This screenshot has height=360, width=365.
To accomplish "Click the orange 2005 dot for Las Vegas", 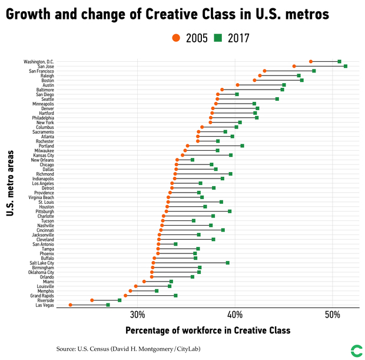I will tap(71, 305).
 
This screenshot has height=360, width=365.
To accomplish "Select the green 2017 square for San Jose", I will tap(346, 66).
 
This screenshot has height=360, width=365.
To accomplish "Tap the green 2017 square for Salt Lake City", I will tap(228, 262).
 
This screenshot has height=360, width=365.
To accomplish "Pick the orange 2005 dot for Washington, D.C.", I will tap(311, 61).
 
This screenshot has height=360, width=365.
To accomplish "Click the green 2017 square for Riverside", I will tap(120, 300).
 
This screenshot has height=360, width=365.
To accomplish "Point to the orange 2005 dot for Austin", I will tap(238, 85).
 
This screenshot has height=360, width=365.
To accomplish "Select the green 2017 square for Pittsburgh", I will tap(230, 211).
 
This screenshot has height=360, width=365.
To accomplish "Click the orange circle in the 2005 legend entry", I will tap(175, 38).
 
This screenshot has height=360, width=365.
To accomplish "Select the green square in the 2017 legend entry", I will tap(218, 38).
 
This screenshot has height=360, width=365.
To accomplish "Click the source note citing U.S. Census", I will tap(128, 349).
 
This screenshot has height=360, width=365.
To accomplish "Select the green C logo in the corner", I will tap(355, 350).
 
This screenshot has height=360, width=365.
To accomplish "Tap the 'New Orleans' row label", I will tap(42, 160).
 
